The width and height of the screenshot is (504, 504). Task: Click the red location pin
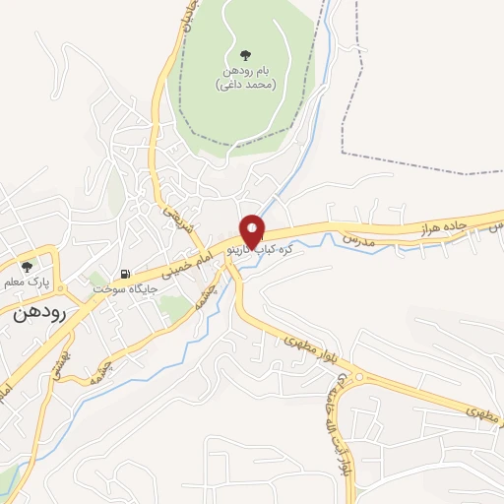[x=252, y=230]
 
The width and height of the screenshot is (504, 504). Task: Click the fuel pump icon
[x=124, y=275]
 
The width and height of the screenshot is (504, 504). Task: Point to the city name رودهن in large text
[x=39, y=317]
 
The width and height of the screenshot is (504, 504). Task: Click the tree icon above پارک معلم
[x=27, y=267]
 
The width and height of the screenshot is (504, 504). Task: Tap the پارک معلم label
[x=27, y=283]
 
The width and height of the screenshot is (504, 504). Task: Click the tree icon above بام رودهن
[x=244, y=55]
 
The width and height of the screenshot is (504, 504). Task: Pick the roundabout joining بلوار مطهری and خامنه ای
[x=356, y=378]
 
